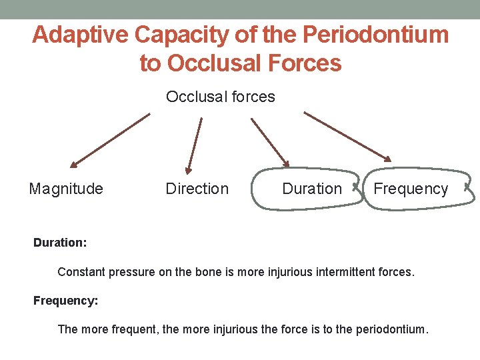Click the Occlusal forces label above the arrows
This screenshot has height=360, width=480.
(220, 97)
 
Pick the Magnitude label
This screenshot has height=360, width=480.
(66, 189)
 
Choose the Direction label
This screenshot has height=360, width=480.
(197, 189)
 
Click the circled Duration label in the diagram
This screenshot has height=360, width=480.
(311, 189)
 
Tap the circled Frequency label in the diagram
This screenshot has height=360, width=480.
(411, 189)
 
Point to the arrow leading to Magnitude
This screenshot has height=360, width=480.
(110, 140)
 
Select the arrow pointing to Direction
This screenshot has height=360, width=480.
(193, 146)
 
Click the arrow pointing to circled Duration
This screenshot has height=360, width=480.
(270, 142)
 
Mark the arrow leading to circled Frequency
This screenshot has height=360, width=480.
(347, 136)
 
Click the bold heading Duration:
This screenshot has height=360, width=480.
(60, 243)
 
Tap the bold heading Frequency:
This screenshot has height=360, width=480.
(65, 301)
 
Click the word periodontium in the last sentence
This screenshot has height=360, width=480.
(390, 329)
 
